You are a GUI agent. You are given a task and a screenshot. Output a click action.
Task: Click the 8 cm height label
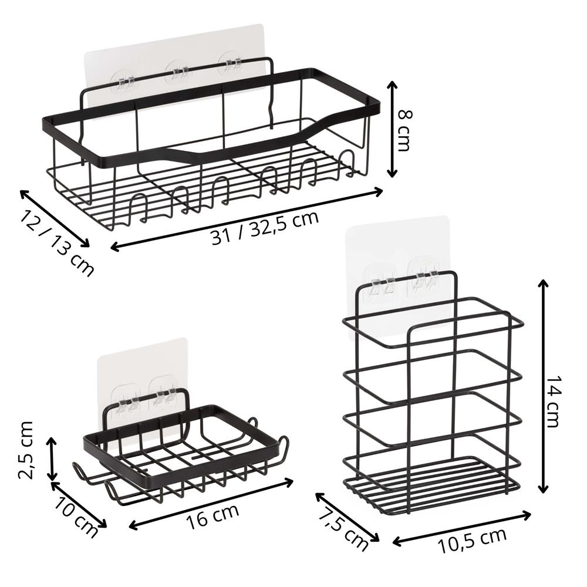404,130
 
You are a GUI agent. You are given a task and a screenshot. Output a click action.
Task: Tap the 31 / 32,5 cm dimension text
265,228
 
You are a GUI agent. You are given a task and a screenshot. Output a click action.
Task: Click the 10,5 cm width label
472,540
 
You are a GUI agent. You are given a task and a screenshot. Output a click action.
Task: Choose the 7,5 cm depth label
343,530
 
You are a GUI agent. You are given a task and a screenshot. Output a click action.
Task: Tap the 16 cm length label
212,517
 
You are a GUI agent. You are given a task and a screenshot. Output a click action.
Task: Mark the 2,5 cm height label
26,450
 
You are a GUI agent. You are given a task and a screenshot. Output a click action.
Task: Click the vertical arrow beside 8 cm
392,129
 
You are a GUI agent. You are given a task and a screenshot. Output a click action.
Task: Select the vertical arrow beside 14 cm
543,386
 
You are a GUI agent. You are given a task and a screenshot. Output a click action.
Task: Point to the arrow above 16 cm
211,504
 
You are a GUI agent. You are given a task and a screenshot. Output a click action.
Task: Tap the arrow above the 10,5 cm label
462,529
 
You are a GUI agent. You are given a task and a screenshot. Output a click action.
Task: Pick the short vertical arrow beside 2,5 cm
52,458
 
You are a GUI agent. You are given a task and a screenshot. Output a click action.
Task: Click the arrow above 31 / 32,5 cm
247,219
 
